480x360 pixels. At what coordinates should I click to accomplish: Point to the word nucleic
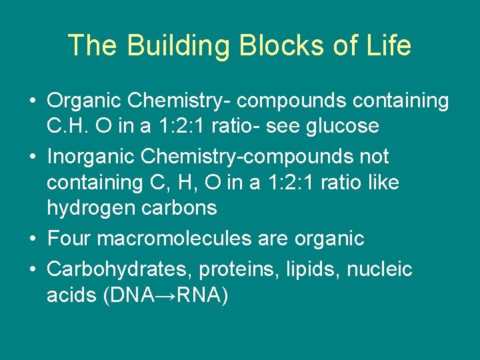[x=379, y=269]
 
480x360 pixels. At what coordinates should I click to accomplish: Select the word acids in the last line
[x=71, y=295]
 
